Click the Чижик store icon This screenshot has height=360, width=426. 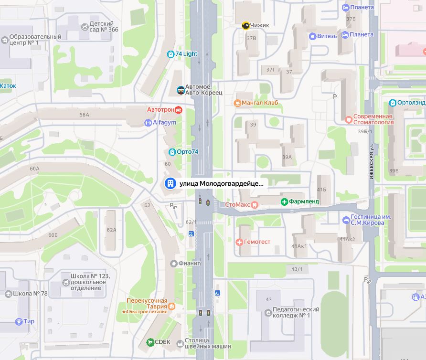tap(245, 26)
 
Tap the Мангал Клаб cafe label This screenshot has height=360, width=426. tap(260, 103)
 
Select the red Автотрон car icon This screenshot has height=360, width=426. tap(179, 110)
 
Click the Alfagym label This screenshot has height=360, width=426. tap(164, 123)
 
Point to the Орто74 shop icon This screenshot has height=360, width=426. tap(172, 152)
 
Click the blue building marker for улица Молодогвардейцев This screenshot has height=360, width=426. tap(169, 183)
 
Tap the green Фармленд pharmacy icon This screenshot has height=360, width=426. tap(284, 202)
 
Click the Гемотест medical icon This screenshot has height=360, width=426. tap(239, 242)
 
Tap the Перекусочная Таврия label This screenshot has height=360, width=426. tap(147, 304)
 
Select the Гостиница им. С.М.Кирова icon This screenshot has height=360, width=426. tap(347, 220)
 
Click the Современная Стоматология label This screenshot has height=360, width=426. tap(373, 119)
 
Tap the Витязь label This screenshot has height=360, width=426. tap(327, 36)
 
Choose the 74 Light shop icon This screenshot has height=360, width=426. tap(170, 54)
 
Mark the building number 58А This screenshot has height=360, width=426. tap(85, 115)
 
